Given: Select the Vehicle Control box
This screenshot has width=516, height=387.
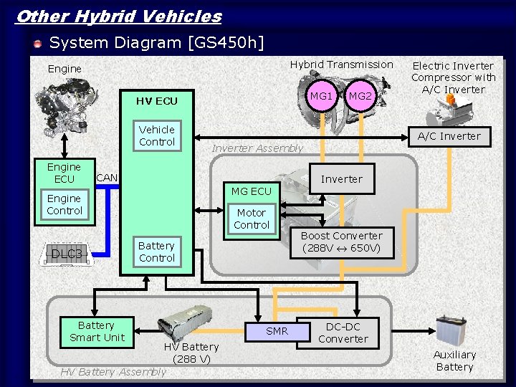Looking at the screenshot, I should pyautogui.click(x=157, y=136).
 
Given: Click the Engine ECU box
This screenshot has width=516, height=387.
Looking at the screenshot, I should pyautogui.click(x=64, y=173).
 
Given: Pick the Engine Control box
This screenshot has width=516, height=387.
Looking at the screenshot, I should pyautogui.click(x=64, y=205).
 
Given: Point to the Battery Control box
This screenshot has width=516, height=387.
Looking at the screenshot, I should pyautogui.click(x=157, y=252).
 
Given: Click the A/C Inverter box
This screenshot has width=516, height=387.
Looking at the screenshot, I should pyautogui.click(x=449, y=136).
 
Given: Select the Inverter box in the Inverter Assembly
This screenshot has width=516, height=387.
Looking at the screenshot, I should pyautogui.click(x=342, y=179).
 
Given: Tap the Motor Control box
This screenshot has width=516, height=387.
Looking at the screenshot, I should pyautogui.click(x=252, y=219).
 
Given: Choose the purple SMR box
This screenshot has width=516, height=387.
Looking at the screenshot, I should pyautogui.click(x=277, y=331).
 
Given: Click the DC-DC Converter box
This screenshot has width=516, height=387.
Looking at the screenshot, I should pyautogui.click(x=343, y=333).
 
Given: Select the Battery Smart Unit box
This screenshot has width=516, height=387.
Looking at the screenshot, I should pyautogui.click(x=97, y=332).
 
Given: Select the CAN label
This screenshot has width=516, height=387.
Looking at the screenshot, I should pyautogui.click(x=107, y=178).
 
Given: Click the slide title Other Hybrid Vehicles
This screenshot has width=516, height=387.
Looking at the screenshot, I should pyautogui.click(x=118, y=16).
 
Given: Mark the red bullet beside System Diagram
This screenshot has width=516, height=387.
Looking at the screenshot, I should pyautogui.click(x=37, y=44).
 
